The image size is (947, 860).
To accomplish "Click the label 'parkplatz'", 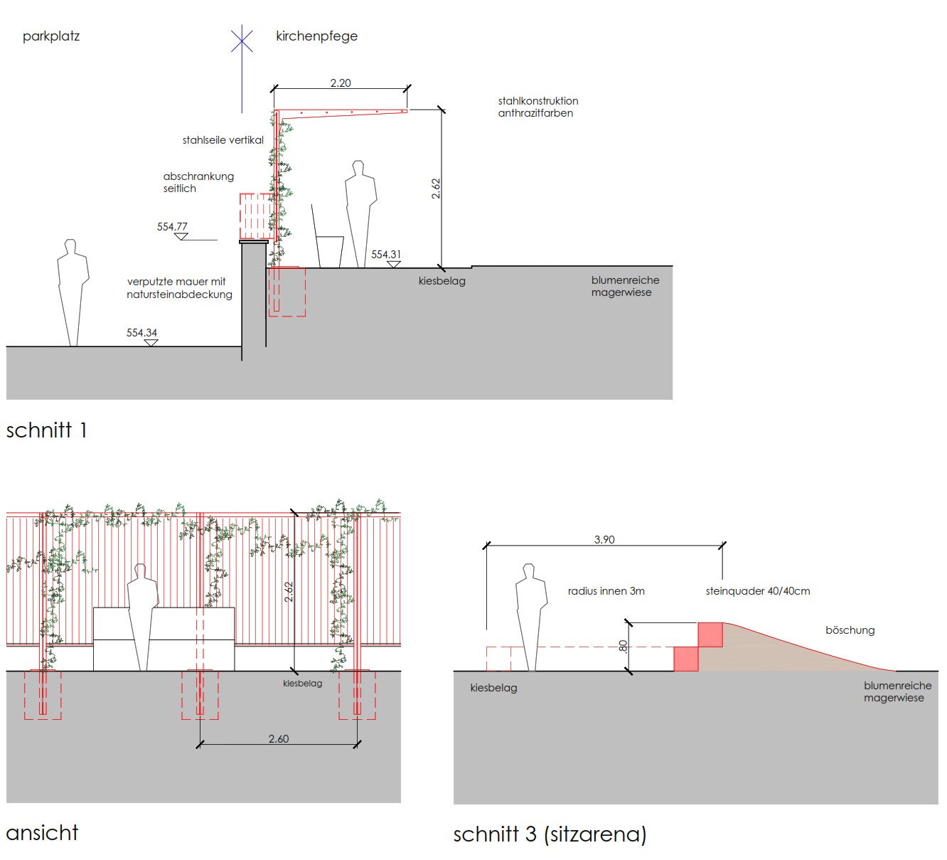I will [51, 36].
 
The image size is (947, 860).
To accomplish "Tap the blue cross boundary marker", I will [242, 41].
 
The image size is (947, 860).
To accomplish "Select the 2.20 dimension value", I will [341, 83].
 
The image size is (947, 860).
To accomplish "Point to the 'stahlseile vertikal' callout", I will [223, 140].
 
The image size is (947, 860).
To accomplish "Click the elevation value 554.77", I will [172, 227].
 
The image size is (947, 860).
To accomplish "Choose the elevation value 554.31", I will [386, 255].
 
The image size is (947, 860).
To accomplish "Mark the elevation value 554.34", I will [141, 333].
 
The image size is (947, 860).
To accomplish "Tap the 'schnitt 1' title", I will [46, 430].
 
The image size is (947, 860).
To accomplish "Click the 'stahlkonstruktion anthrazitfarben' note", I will [537, 107].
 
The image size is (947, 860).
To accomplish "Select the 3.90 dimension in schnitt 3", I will [604, 540].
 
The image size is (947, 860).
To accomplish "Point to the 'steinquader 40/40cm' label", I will [757, 591].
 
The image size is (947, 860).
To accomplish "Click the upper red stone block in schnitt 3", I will [710, 635].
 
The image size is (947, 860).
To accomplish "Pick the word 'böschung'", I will [850, 630].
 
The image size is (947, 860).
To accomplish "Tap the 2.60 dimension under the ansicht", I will [279, 739].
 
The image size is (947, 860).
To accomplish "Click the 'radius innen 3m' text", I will [606, 591].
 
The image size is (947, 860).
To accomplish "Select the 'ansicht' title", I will [42, 833].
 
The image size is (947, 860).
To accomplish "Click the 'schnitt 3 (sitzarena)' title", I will [550, 834].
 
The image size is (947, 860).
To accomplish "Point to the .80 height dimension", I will [623, 647].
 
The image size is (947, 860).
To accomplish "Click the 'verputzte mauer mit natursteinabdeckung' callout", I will [179, 288].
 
